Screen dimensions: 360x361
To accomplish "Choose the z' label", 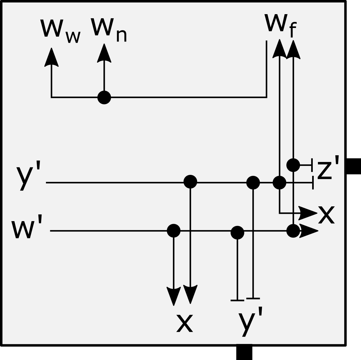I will coord(328,167).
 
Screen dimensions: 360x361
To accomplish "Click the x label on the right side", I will coord(326,215).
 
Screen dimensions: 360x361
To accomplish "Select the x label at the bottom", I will coord(185,323).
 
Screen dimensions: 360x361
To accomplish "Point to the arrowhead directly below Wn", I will coord(104,53).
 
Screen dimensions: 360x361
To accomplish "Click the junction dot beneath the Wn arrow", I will coord(104,97).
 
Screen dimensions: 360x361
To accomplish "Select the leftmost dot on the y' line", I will coord(190,182).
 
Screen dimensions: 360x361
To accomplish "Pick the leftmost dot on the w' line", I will coord(174,230).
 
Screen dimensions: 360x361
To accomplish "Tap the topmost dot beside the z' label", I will coord(293,165).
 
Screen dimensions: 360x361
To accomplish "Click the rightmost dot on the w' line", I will coord(293,231).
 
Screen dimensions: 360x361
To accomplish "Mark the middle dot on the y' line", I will coord(253,182).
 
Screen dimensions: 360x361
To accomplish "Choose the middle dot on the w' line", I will coord(237,232).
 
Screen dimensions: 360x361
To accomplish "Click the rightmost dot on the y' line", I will coord(279,183).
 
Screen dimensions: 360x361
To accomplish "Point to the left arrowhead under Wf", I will coord(279,49).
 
